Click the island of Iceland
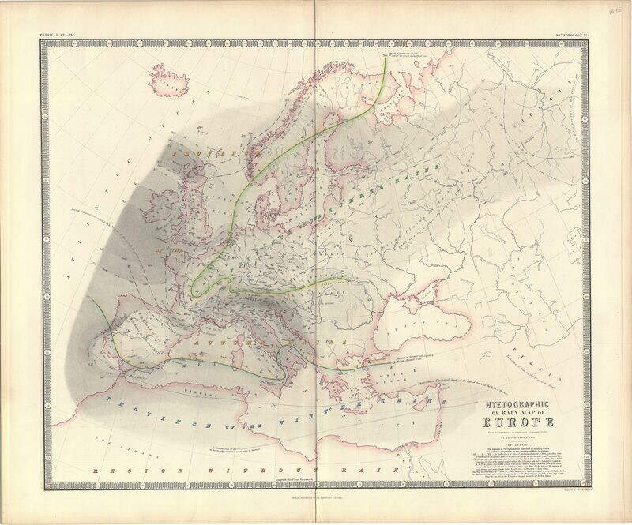169,82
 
